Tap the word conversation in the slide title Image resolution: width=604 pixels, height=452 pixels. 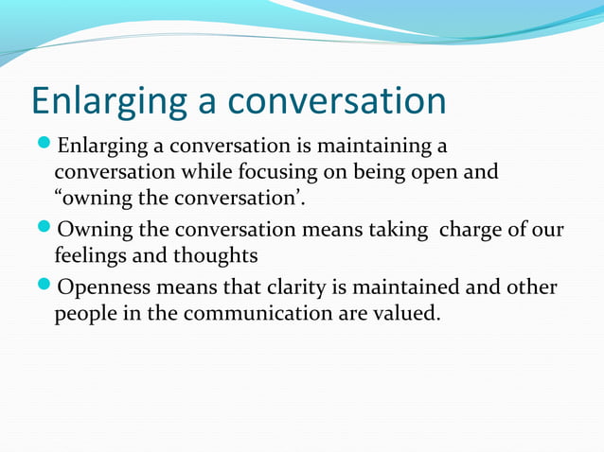click(340, 100)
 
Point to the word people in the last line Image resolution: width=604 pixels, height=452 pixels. click(86, 314)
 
